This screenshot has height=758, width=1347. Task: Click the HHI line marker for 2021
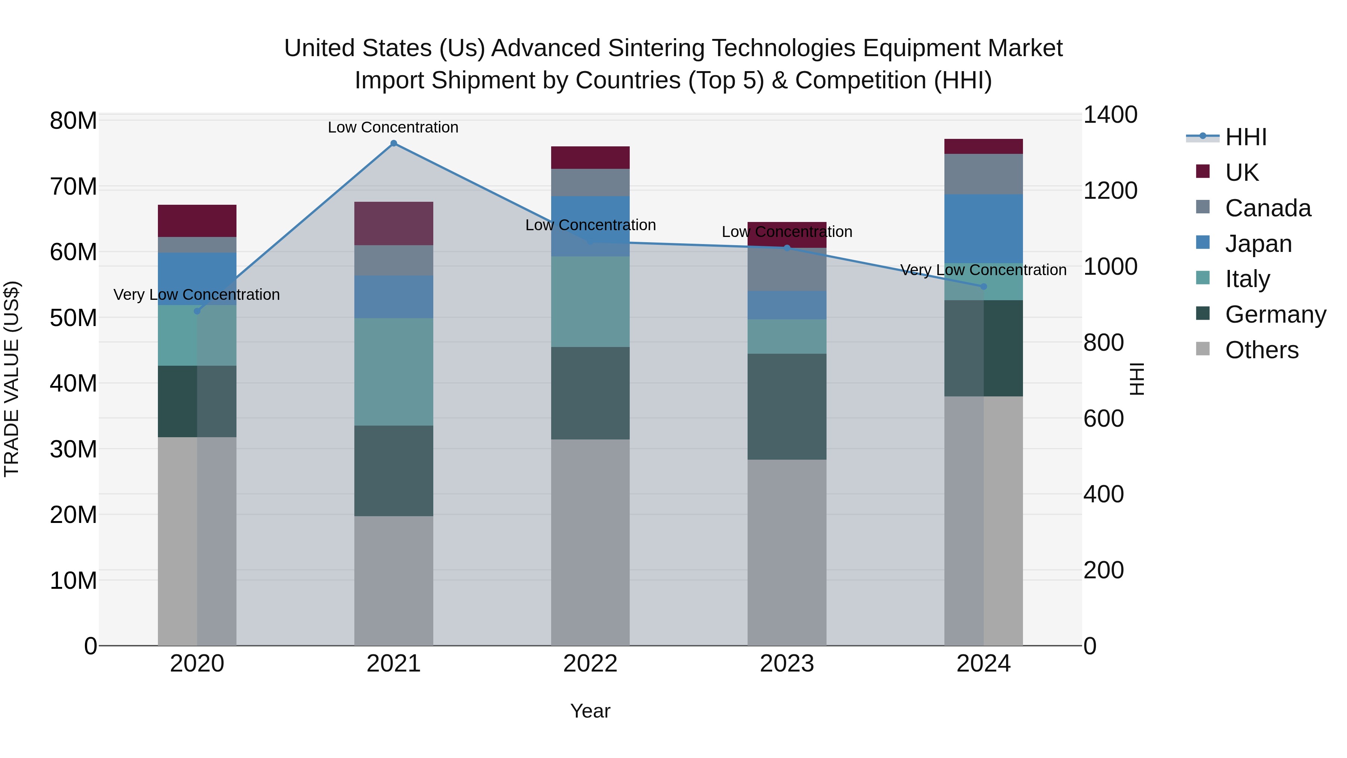[x=394, y=143]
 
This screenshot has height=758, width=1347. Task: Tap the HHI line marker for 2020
[x=197, y=311]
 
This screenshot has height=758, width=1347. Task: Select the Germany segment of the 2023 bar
[x=786, y=407]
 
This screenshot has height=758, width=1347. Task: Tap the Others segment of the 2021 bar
[x=394, y=580]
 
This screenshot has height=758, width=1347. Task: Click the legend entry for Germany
[x=1275, y=314]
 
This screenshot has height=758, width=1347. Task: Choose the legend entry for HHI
[x=1245, y=137]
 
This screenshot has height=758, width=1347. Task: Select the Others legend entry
[x=1261, y=350]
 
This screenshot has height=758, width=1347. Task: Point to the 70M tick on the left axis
[x=73, y=187]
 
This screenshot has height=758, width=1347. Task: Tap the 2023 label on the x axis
[x=786, y=664]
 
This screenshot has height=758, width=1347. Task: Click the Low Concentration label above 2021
[x=393, y=127]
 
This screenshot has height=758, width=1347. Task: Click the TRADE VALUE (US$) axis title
[x=12, y=379]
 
